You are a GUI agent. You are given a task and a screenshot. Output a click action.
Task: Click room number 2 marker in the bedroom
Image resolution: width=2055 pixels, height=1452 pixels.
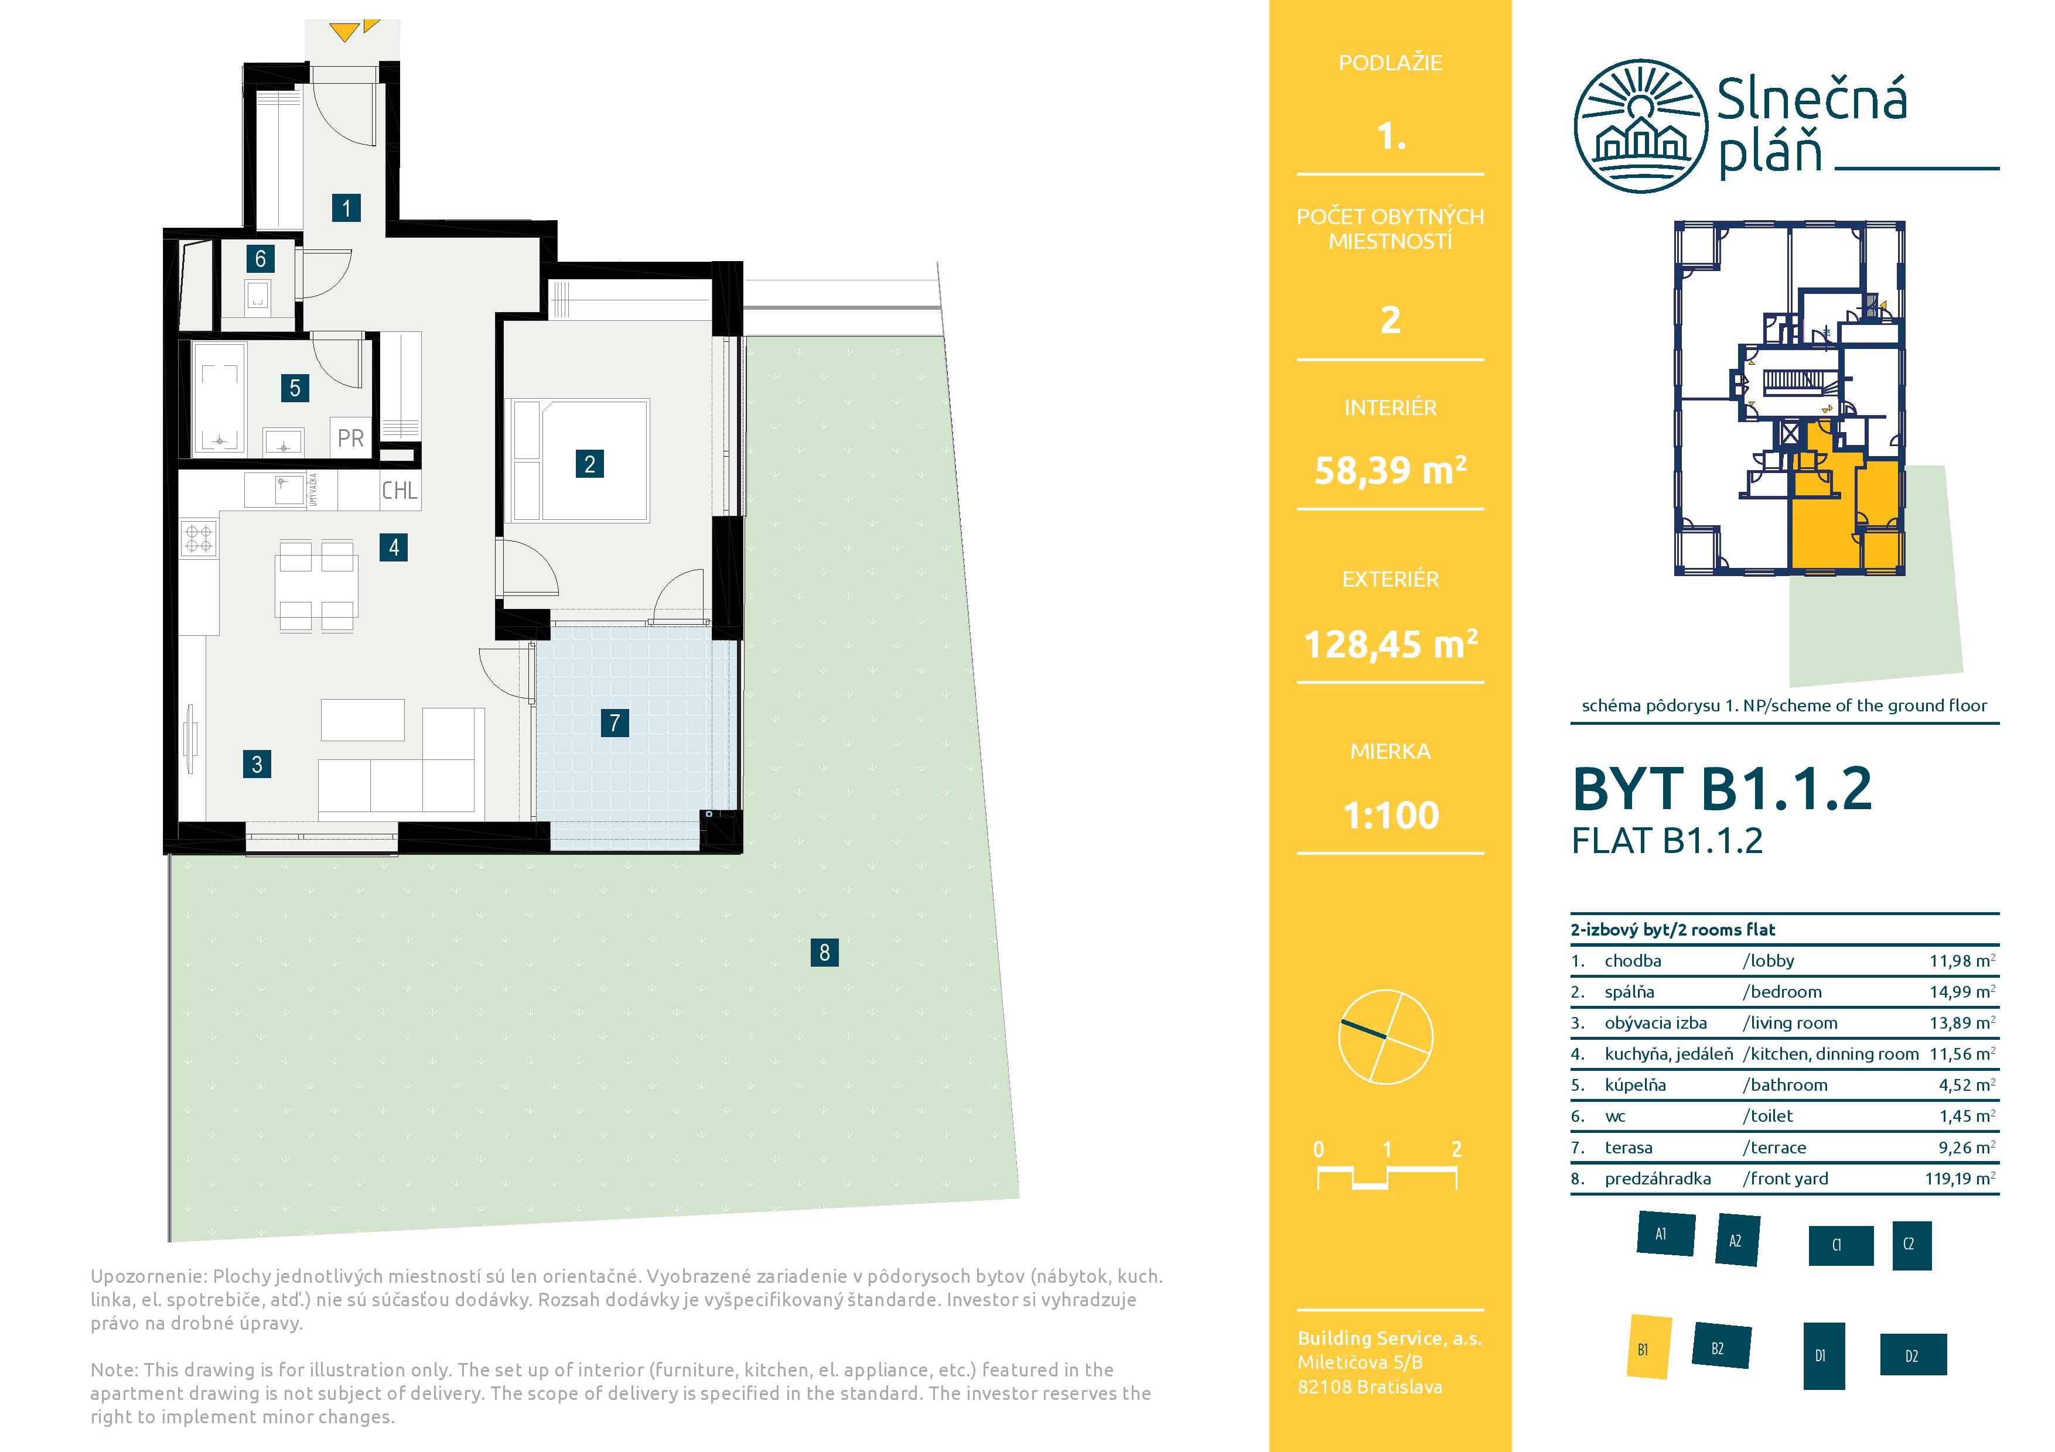[x=589, y=464]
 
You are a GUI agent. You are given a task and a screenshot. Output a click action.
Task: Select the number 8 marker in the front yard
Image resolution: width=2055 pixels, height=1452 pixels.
[x=824, y=952]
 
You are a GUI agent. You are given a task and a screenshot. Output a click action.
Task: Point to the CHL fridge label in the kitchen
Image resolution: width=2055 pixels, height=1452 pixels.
[x=399, y=490]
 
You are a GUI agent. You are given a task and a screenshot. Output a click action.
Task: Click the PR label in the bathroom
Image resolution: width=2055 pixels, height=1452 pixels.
[x=351, y=439]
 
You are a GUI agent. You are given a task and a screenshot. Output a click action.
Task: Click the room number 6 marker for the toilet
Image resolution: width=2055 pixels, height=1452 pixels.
[x=261, y=259]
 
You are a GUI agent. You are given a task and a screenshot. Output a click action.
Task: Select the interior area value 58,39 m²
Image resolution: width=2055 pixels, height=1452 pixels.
[x=1390, y=470]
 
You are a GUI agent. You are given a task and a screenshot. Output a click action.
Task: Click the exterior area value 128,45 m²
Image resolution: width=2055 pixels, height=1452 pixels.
[x=1390, y=643]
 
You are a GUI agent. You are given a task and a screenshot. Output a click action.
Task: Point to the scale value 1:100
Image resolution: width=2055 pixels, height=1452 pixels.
[x=1391, y=815]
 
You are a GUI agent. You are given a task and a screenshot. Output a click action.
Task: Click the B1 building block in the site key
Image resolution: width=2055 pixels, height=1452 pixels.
[x=1647, y=1347]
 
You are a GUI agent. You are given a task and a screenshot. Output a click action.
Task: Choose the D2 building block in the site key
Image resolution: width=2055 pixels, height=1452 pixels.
[x=1912, y=1355]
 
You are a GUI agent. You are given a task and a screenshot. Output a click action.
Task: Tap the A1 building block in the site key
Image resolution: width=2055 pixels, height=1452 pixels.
[x=1665, y=1235]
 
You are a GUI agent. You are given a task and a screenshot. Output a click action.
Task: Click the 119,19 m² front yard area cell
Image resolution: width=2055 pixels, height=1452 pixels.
[x=1960, y=1178]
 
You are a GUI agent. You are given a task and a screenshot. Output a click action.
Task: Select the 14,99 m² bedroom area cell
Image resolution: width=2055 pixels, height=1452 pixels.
[x=1962, y=991]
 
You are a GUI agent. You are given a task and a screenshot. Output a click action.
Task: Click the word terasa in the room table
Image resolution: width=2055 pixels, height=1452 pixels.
[x=1628, y=1147]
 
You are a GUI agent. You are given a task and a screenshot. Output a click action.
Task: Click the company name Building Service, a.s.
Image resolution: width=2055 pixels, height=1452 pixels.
[x=1389, y=1338]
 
